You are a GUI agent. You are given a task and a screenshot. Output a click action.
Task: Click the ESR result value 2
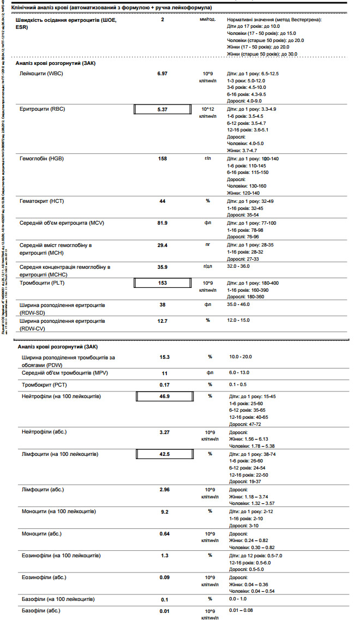click(x=163, y=20)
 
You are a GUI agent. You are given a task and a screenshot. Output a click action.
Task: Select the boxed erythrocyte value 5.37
click(x=162, y=109)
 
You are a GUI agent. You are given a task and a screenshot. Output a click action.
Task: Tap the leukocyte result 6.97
click(x=162, y=73)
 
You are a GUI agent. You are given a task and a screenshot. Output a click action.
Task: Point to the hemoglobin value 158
click(x=162, y=159)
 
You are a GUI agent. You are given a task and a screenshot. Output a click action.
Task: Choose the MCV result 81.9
click(x=162, y=223)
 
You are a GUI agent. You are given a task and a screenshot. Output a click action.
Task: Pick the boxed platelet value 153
click(x=162, y=283)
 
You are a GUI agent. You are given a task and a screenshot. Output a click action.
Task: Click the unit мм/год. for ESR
click(x=208, y=20)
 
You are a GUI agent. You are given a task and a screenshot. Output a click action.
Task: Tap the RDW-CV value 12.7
click(x=162, y=321)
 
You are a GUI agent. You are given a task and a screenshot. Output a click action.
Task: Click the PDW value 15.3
click(x=165, y=357)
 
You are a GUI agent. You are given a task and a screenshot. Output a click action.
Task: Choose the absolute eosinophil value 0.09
click(x=164, y=576)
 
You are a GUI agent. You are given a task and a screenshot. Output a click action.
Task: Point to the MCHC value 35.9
click(x=162, y=267)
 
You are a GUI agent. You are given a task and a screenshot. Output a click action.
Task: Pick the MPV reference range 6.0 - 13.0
click(x=241, y=372)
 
